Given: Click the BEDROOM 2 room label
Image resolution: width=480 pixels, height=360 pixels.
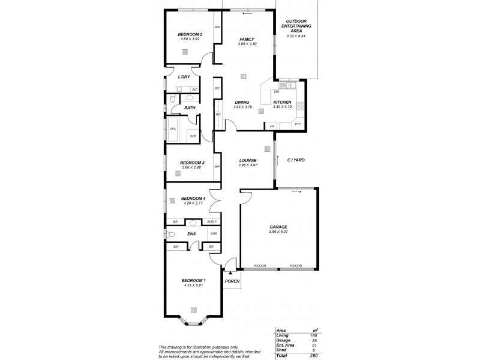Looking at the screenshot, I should (190, 35).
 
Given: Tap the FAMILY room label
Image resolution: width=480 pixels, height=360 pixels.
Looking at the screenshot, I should (247, 39).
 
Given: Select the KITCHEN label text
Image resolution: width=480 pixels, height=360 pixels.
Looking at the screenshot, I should (282, 102).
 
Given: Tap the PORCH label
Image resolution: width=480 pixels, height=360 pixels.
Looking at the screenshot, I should (232, 281).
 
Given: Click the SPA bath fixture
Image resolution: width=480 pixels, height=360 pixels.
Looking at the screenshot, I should (173, 129).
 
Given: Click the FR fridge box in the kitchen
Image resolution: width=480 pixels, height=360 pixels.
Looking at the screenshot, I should (272, 127).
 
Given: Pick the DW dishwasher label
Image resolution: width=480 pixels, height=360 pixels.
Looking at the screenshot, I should (277, 92).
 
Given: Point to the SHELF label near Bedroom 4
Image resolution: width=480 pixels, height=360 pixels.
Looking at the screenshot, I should (211, 222).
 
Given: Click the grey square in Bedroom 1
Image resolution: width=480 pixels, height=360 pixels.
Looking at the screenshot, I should (194, 310).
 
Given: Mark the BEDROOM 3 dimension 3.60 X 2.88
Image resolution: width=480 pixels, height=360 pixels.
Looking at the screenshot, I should (190, 167).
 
